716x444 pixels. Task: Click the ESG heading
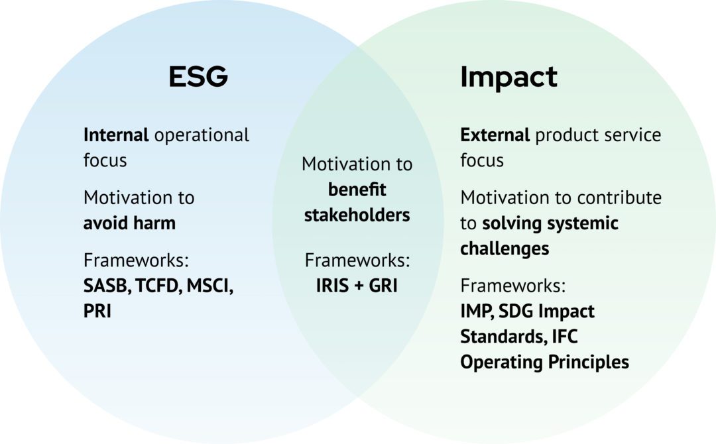(198, 77)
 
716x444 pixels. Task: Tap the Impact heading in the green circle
(508, 77)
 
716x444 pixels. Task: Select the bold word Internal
(116, 135)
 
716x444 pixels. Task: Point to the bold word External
(495, 135)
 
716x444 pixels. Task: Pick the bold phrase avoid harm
(129, 223)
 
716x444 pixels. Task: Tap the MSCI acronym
(209, 286)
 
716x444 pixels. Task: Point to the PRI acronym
(97, 311)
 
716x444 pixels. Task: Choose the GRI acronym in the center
(382, 286)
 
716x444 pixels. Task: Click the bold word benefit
(357, 190)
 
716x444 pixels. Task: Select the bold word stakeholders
(357, 215)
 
